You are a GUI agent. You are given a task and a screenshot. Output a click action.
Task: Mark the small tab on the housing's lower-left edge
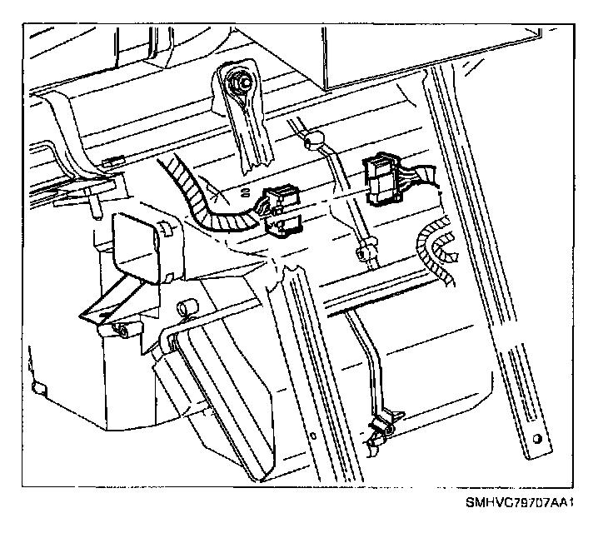[x=35, y=388]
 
